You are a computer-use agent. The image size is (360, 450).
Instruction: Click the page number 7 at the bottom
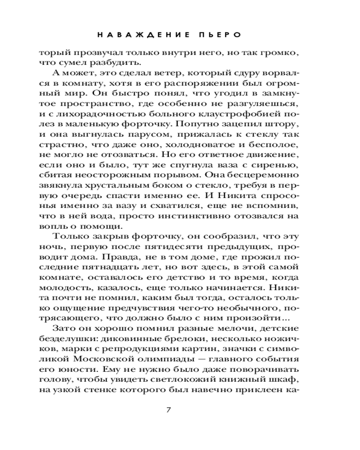(169, 409)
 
